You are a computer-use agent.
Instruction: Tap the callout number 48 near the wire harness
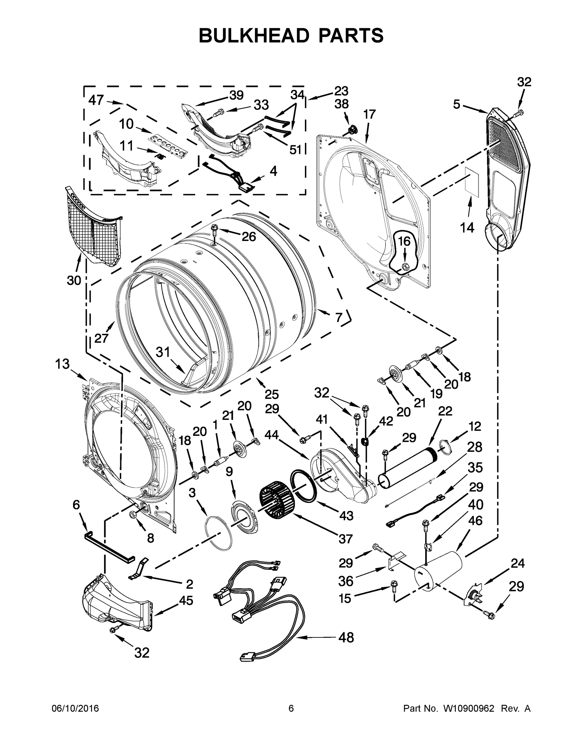(346, 638)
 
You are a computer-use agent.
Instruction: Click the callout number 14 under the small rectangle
(467, 227)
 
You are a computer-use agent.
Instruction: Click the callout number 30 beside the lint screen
(74, 280)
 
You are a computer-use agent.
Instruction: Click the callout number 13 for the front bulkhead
(62, 363)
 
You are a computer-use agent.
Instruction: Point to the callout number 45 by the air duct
(186, 600)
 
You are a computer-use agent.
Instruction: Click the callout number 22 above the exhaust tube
(445, 411)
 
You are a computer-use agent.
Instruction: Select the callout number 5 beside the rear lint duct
(457, 104)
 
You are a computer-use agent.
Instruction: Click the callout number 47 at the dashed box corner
(96, 100)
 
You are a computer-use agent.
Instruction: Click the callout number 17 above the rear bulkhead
(369, 114)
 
